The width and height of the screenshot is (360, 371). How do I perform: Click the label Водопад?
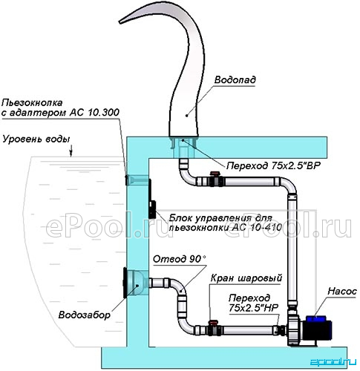click(x=235, y=80)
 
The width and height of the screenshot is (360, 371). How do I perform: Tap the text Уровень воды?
click(x=36, y=139)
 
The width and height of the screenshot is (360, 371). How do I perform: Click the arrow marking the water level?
click(x=71, y=151)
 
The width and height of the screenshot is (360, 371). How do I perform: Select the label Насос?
click(x=342, y=292)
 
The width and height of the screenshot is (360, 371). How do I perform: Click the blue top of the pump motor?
click(x=315, y=318)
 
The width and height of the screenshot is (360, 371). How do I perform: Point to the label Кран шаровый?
click(x=246, y=278)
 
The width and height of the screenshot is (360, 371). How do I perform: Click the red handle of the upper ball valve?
click(x=215, y=174)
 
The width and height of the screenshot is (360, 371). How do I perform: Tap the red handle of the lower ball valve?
click(x=213, y=322)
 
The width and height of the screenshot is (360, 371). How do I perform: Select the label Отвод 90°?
click(x=180, y=259)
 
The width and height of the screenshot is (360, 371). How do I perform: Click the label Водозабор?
click(x=84, y=315)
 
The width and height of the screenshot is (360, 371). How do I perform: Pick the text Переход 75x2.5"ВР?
click(x=273, y=165)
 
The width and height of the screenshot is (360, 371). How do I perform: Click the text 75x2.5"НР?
click(x=253, y=308)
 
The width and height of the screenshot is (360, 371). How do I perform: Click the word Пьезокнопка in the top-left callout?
click(x=32, y=102)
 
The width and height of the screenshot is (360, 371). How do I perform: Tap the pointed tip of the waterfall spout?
click(x=120, y=22)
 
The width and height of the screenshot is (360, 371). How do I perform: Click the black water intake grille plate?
click(x=125, y=283)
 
